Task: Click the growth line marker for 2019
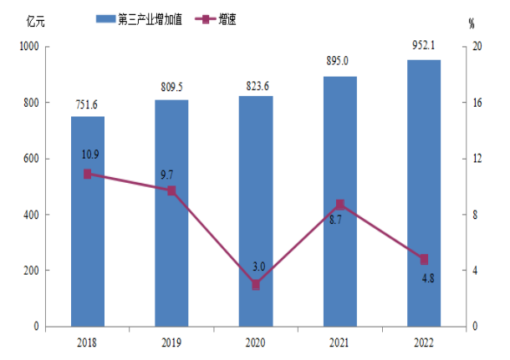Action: (171, 190)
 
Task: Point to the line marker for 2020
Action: (256, 285)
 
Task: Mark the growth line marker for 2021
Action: (340, 205)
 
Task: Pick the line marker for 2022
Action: (424, 259)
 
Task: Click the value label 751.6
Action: (88, 104)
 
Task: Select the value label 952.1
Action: (424, 47)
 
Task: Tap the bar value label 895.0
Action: (340, 63)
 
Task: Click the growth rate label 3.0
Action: (259, 266)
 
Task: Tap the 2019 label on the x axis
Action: (171, 342)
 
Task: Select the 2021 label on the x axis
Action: (340, 342)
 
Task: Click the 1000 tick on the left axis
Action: (30, 48)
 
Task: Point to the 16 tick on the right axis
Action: (477, 104)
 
